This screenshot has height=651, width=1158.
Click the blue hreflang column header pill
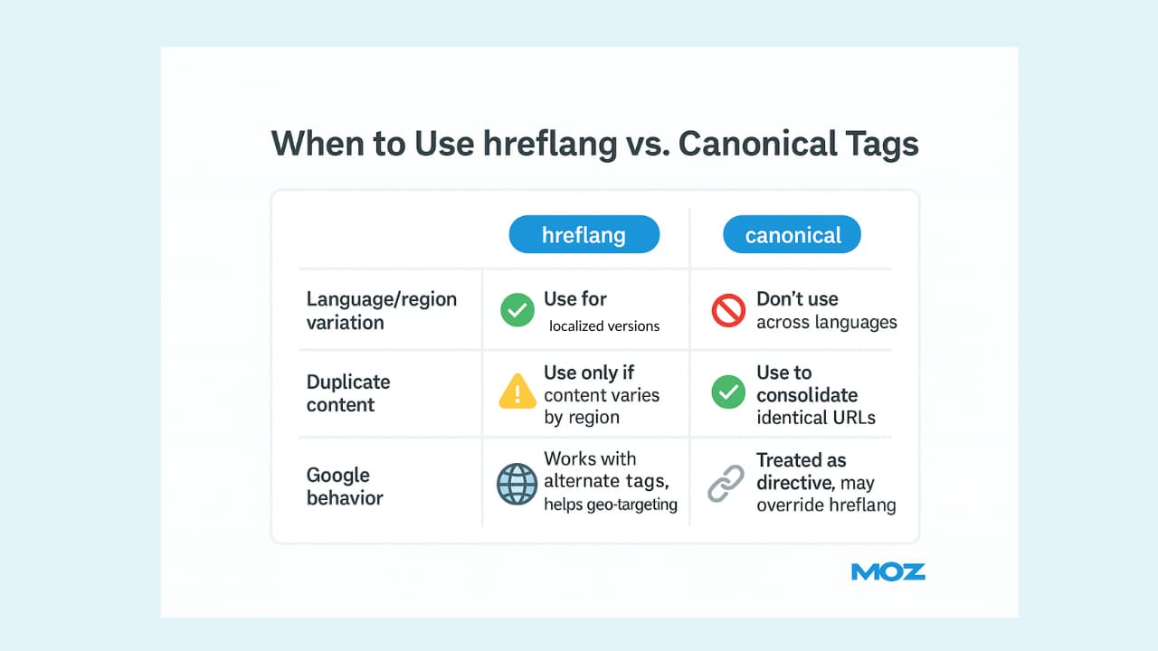[584, 234]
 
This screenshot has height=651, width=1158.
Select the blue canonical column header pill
[792, 234]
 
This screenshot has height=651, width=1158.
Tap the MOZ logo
[888, 572]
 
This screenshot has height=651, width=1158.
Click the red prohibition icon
[728, 310]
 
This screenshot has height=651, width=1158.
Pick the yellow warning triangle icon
[517, 392]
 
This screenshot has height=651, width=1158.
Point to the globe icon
[517, 484]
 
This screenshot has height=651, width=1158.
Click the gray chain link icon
[726, 484]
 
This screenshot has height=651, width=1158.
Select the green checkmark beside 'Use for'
[517, 310]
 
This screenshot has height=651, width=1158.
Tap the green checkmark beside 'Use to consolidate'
[728, 392]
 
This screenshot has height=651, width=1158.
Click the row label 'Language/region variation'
[382, 310]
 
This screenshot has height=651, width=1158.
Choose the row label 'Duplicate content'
[348, 393]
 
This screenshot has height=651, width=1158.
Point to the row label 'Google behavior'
[345, 486]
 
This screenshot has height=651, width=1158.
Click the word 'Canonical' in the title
[757, 143]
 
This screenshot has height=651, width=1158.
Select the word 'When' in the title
[318, 143]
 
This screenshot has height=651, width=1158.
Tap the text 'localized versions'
[604, 326]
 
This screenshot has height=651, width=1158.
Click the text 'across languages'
[827, 323]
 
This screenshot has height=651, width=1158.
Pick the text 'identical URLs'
[816, 418]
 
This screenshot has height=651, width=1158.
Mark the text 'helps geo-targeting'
[611, 505]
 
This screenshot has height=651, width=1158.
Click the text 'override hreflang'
[826, 505]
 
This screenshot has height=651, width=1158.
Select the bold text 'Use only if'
[589, 373]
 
